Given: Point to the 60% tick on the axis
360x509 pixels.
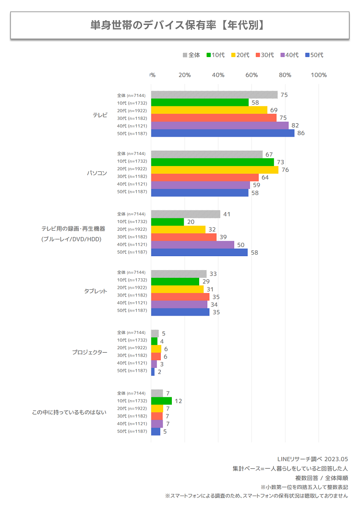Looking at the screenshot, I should coord(252,75).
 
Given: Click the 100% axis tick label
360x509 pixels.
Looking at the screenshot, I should coord(319,75).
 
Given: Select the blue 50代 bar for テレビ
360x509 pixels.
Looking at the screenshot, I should coord(223,133).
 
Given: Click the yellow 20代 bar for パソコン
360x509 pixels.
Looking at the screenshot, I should coord(215,169).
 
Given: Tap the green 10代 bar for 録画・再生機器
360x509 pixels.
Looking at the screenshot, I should coord(168,222).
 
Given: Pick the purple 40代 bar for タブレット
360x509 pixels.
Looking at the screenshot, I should coord(179,304).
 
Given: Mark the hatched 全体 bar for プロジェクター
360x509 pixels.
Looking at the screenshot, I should coord(155,333).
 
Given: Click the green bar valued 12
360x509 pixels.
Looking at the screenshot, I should coord(161,401).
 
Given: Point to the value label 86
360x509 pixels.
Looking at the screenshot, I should coord(301,133).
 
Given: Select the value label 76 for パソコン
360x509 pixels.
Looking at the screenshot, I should coord(285,170).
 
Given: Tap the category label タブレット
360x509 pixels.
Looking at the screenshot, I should coord(96,291).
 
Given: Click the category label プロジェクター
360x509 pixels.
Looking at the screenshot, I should coord(90,352).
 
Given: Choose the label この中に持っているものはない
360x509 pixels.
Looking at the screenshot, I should coord(69,412).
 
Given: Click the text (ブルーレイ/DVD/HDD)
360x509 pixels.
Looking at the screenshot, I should coord(71,239).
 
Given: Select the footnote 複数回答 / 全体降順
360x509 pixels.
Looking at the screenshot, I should coord(321,478).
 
